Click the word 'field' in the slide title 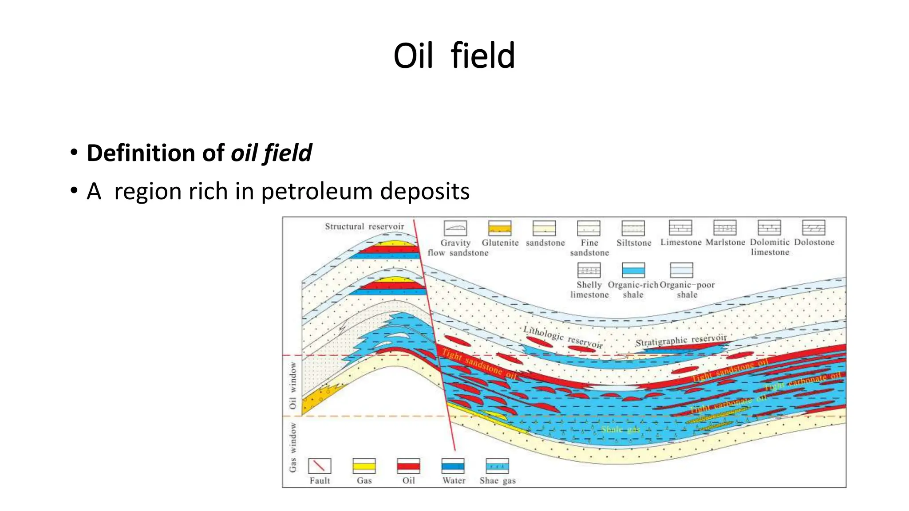tap(482, 56)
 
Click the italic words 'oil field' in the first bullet tap(271, 153)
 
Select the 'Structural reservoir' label tap(364, 227)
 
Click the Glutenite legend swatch tap(500, 228)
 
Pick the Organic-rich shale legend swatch tap(633, 270)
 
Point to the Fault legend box tap(320, 466)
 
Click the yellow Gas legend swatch tap(364, 466)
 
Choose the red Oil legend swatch tap(408, 466)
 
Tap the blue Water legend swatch tap(453, 466)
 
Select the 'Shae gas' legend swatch tap(497, 466)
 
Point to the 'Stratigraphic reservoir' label tap(681, 341)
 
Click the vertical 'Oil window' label tap(293, 385)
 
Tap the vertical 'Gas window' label tap(293, 447)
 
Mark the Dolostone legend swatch tap(814, 228)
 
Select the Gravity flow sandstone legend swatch tap(455, 228)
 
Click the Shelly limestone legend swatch tap(589, 270)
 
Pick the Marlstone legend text tap(725, 243)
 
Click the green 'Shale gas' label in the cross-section tap(620, 429)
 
